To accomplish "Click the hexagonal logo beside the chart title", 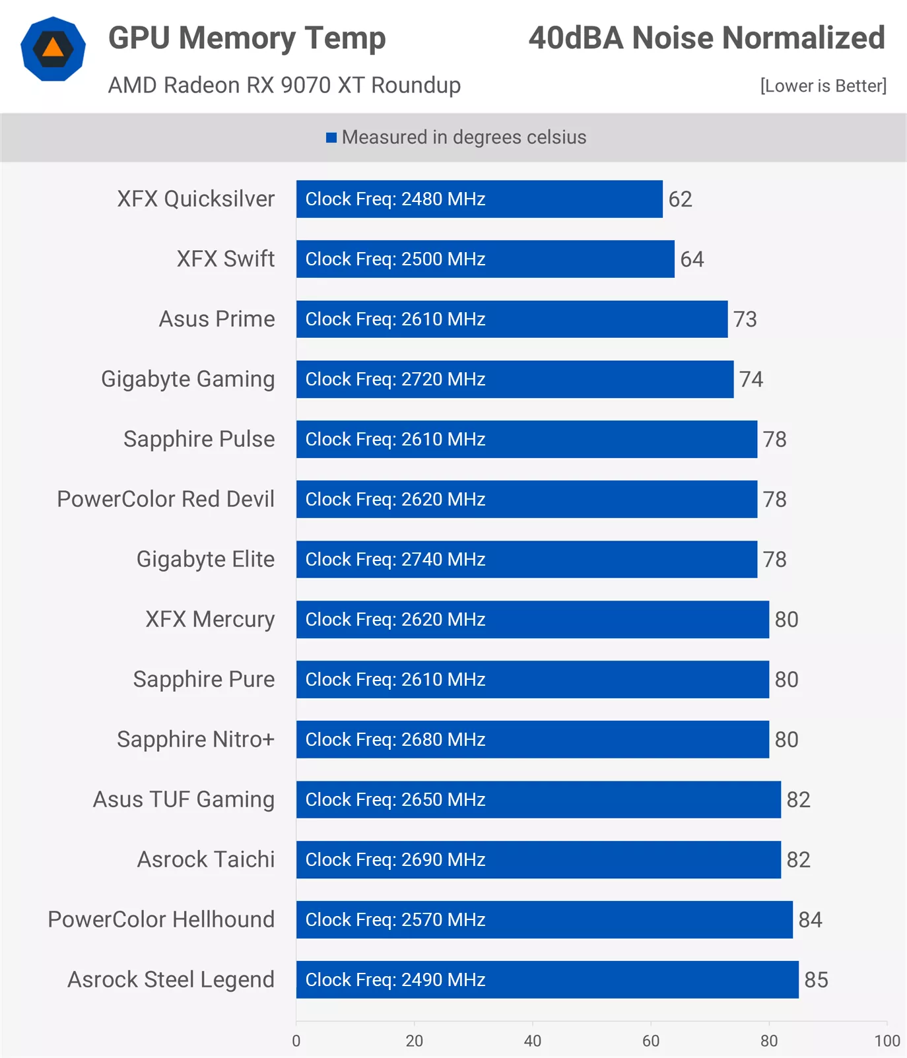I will tap(53, 50).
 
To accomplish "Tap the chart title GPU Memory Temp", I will tap(247, 38).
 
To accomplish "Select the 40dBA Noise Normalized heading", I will tap(706, 38).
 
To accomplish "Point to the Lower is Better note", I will tap(823, 86).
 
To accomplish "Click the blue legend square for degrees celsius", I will tap(331, 137).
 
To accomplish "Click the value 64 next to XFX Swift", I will tap(692, 259).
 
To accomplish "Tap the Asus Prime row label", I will tap(217, 319).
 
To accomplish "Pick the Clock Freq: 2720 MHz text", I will tap(395, 379).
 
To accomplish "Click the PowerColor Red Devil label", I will tap(166, 499).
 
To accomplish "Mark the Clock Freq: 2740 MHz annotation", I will tap(395, 559).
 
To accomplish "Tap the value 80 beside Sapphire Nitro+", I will tap(786, 739).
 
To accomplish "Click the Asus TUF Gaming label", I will tap(184, 799).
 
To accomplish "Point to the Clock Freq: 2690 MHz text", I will tap(395, 859).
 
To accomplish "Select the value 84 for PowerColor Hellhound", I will tap(810, 919).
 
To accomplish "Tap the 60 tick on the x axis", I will tap(651, 1041).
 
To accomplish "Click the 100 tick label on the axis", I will tap(887, 1041).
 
